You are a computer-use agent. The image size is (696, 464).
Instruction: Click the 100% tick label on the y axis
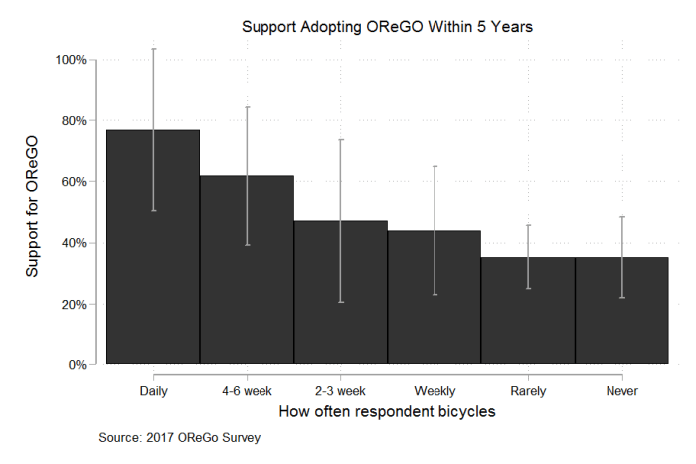click(x=72, y=60)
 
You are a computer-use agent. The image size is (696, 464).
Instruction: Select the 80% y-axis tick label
click(x=75, y=121)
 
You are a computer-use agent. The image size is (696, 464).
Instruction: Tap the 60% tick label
click(x=75, y=182)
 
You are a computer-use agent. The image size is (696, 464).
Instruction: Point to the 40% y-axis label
click(x=75, y=243)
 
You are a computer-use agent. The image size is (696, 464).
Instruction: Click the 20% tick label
click(x=75, y=305)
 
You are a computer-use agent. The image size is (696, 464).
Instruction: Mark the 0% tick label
click(x=78, y=365)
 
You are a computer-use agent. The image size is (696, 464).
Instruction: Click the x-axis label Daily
click(x=153, y=390)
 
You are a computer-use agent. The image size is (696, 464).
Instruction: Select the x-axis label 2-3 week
click(x=340, y=390)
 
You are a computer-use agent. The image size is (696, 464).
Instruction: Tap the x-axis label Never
click(x=621, y=390)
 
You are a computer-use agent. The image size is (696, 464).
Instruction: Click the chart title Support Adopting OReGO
click(x=388, y=28)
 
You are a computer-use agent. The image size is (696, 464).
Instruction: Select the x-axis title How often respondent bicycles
click(x=387, y=411)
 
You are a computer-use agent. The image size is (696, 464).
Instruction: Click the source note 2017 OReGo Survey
click(x=180, y=438)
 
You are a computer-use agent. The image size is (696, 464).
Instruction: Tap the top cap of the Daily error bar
click(x=153, y=49)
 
